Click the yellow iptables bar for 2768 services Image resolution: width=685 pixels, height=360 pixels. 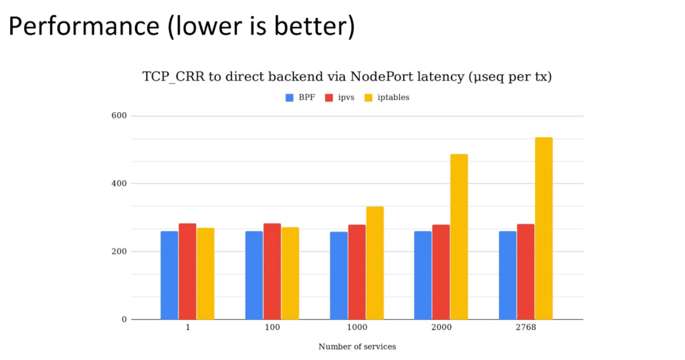543,228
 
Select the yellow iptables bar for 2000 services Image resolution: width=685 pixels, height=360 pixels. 459,237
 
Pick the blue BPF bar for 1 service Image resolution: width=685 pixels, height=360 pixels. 169,275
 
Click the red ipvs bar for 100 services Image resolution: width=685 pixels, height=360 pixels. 272,271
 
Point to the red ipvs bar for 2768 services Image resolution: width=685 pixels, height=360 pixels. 526,272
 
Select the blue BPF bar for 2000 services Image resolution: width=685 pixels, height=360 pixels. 423,275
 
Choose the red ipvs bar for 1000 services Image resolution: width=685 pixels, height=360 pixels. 357,272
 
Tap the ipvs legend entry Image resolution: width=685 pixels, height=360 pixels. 339,98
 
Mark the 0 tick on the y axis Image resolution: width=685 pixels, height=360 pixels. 124,319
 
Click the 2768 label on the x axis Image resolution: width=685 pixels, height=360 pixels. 526,328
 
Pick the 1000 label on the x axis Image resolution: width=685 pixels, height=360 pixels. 357,328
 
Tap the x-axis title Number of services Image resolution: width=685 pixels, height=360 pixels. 357,347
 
